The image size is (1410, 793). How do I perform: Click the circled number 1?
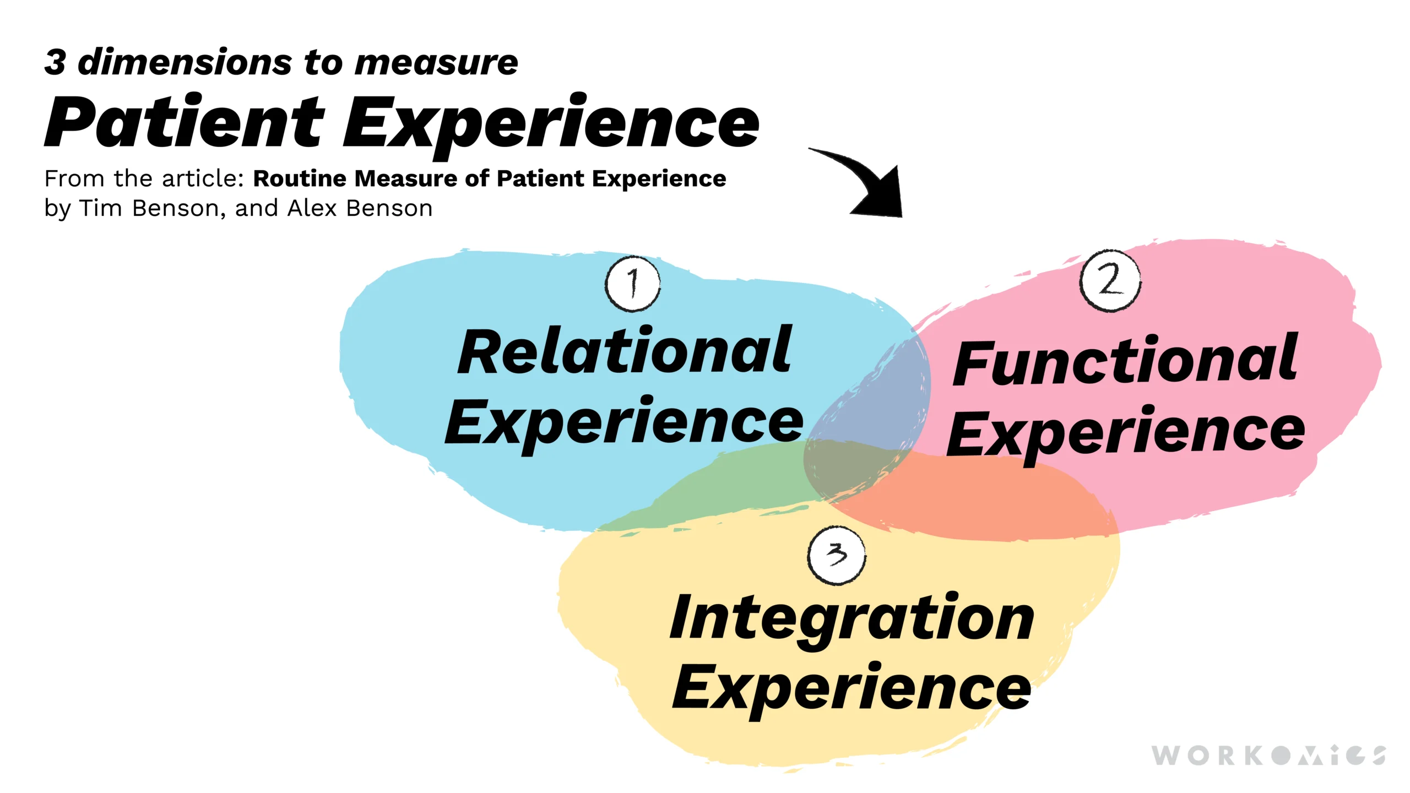tap(633, 284)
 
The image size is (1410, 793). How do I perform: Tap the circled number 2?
tap(1110, 280)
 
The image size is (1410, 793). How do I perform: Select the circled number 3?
tap(836, 555)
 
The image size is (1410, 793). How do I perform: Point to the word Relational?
tap(625, 351)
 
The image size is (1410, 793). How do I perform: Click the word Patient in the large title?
tap(185, 122)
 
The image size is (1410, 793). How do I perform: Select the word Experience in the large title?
tap(551, 124)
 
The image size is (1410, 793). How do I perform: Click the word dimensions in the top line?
tap(185, 62)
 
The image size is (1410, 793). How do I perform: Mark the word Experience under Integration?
tap(852, 688)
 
